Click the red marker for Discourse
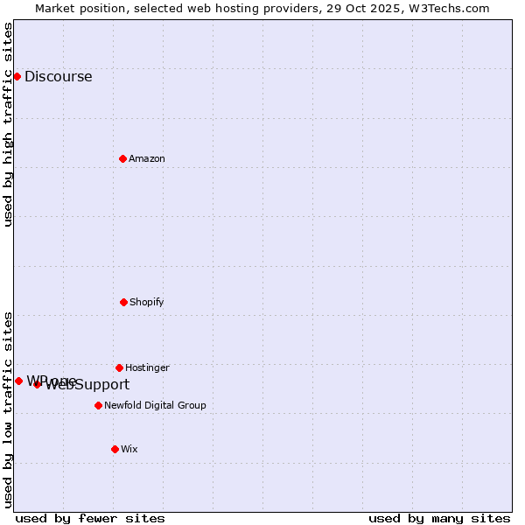click(x=17, y=76)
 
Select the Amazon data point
click(x=122, y=158)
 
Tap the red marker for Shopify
click(x=123, y=302)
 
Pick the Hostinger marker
click(x=119, y=367)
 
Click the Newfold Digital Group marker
click(x=98, y=405)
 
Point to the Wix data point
click(x=115, y=449)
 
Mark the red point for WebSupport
click(x=37, y=384)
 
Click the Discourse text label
click(x=58, y=76)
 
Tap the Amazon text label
click(x=147, y=158)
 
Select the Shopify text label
click(x=147, y=302)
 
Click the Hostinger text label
click(x=147, y=367)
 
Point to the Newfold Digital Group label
click(x=155, y=405)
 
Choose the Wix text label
click(x=129, y=449)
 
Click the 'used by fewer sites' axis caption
click(x=90, y=518)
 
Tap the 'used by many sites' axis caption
click(x=439, y=518)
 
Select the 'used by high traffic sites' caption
click(x=8, y=124)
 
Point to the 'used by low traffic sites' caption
click(x=8, y=409)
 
